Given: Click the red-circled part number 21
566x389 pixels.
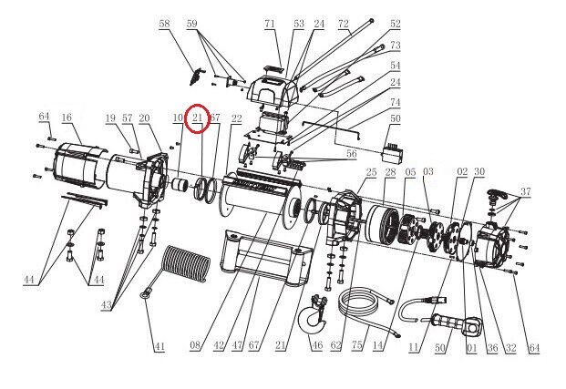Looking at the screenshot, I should point(198,118).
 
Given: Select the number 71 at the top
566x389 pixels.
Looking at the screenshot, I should point(270,23).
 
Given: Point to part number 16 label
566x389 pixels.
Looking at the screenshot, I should point(67,118).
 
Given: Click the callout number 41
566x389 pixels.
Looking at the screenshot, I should point(160,346).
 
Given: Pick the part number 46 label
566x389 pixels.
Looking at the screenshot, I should point(316,346).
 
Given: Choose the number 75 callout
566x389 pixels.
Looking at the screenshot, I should point(355,346).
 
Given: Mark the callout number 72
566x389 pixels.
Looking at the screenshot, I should point(344,23).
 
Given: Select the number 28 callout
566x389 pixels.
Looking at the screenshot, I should point(389,172).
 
